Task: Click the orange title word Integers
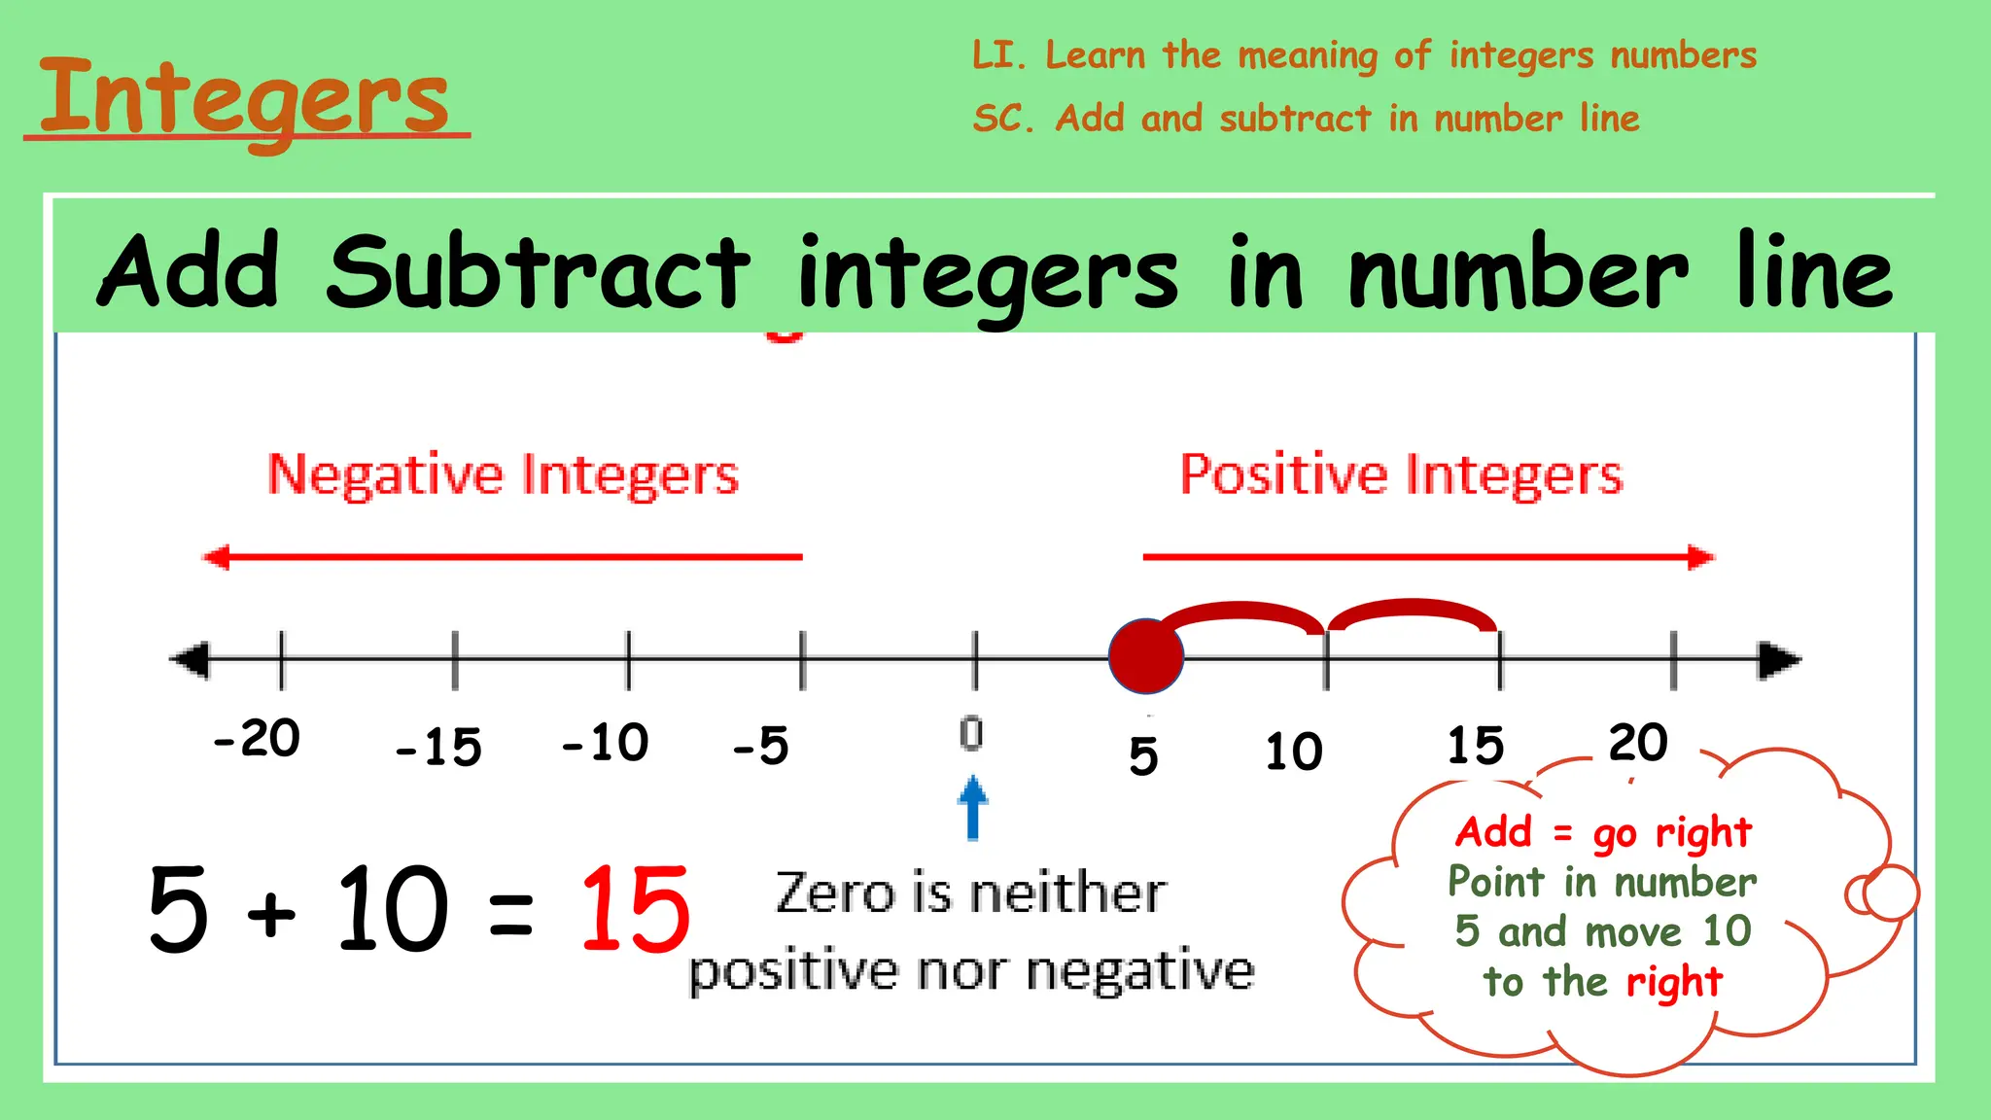[245, 97]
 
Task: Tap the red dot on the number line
[1146, 656]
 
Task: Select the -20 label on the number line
[257, 739]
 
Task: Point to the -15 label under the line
[438, 748]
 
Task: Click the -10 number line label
[605, 744]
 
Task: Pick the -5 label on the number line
[760, 747]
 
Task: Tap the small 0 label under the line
[971, 733]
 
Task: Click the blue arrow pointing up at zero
[972, 806]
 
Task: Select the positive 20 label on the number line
[1638, 744]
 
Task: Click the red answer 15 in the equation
[635, 910]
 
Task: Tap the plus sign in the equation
[271, 914]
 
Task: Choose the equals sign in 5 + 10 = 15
[511, 915]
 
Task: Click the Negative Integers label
[503, 475]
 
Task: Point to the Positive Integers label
[1401, 475]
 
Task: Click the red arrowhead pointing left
[216, 557]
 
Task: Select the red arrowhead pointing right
[1701, 557]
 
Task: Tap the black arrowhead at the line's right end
[1779, 660]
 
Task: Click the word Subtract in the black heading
[538, 272]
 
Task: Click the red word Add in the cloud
[1493, 832]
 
